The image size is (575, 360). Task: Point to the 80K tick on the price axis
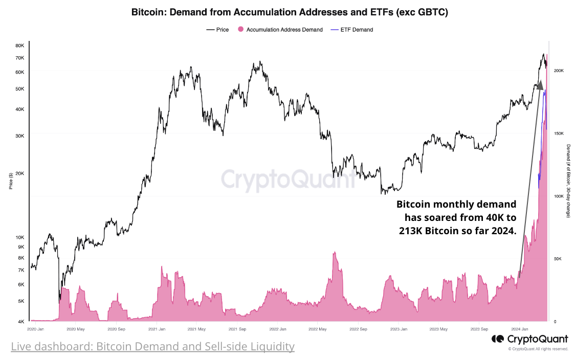(x=20, y=46)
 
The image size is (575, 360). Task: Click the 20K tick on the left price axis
(x=20, y=173)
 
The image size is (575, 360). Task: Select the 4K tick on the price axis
(x=21, y=322)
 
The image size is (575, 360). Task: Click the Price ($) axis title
(x=11, y=181)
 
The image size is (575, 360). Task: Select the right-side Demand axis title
(x=568, y=181)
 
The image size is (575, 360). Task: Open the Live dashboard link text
(x=152, y=346)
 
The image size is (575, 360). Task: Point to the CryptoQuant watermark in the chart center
(x=288, y=180)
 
